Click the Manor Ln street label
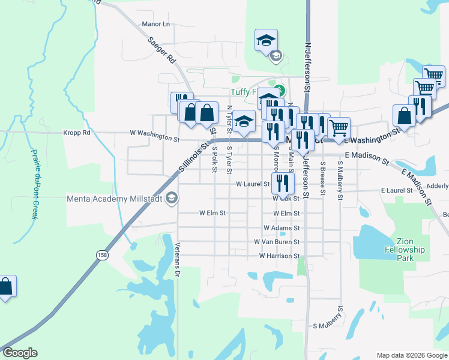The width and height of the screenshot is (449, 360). tap(156, 24)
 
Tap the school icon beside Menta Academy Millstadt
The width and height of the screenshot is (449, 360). tap(172, 199)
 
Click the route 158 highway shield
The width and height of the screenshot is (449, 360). tap(101, 255)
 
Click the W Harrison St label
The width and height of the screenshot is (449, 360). tap(279, 256)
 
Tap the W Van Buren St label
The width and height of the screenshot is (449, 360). tap(276, 242)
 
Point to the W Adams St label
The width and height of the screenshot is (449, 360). tap(281, 228)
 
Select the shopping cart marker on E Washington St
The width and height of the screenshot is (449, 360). tap(339, 128)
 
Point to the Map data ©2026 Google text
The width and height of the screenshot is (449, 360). tap(412, 355)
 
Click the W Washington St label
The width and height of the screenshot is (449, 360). tap(155, 137)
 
